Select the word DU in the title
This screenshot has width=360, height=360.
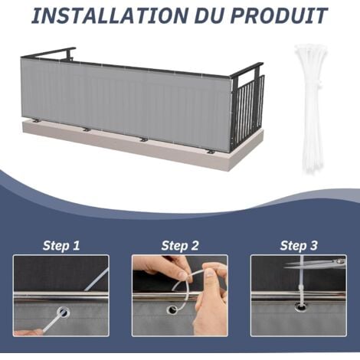(x=195, y=15)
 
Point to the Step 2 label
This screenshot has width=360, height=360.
(x=180, y=246)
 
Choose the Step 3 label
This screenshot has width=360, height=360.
(x=299, y=246)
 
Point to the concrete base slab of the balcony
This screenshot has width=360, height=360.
(x=138, y=146)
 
